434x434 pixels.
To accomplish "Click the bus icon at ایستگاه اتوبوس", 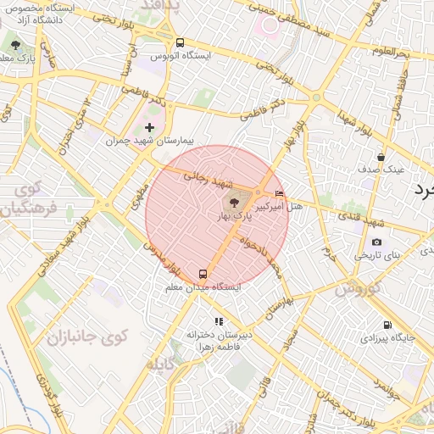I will [x=180, y=42].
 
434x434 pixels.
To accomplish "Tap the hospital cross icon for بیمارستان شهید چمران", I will [x=150, y=127].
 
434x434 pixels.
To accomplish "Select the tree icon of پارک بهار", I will [x=235, y=203].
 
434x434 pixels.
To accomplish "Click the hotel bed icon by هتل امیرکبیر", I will [x=281, y=194].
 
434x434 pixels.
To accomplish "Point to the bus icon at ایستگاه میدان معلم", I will [x=203, y=274].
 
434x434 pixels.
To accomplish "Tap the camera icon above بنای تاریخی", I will [x=377, y=242].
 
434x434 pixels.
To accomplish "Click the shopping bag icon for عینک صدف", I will [x=381, y=157].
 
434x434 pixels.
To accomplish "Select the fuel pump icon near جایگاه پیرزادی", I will [x=387, y=325].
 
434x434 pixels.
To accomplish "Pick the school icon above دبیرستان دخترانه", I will [x=220, y=321].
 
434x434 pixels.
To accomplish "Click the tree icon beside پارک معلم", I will [x=15, y=44].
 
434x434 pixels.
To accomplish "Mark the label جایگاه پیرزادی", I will [x=387, y=337].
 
